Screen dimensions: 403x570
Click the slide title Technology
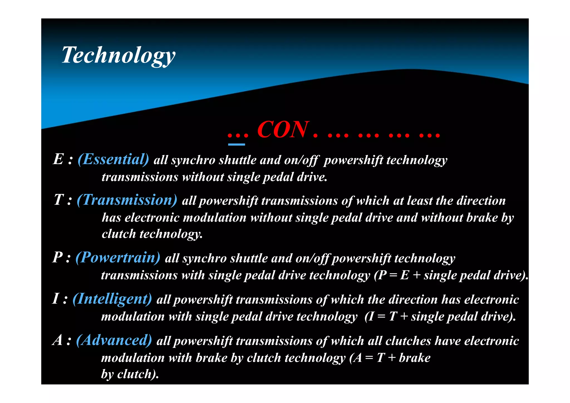tap(119, 55)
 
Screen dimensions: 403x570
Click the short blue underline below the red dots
tap(236, 145)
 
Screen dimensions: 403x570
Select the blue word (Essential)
tap(113, 160)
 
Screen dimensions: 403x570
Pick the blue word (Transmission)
tap(127, 200)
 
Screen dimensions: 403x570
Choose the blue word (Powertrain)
tap(118, 258)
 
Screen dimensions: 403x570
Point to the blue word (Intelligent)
tap(112, 299)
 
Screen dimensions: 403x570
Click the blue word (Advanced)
tap(114, 340)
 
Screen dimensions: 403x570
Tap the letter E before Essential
tap(58, 160)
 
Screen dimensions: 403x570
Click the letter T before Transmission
tap(59, 200)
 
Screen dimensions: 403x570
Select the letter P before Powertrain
tap(58, 258)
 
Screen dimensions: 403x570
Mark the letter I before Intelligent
tap(56, 299)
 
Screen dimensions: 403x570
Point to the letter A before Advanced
tap(58, 340)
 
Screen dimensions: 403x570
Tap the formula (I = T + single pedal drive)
tap(440, 317)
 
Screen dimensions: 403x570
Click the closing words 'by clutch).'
tap(130, 374)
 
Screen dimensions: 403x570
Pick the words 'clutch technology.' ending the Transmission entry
tap(152, 234)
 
